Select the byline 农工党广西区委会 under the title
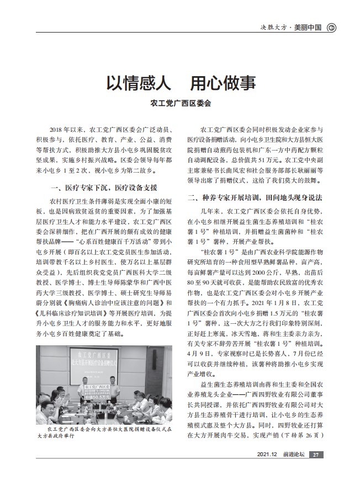tap(181, 103)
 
